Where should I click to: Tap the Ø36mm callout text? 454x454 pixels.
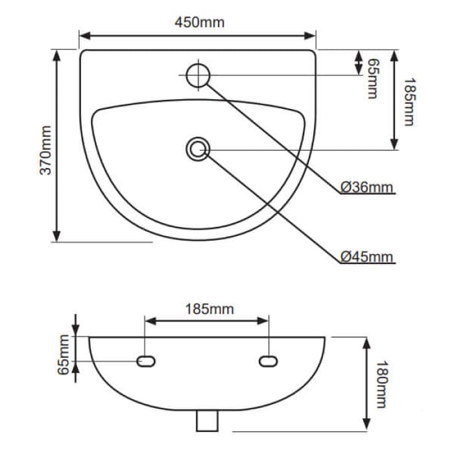[x=367, y=187]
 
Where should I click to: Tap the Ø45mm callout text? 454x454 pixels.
[x=367, y=256]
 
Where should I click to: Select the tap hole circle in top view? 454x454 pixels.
[x=197, y=75]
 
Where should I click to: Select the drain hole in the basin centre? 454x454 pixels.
[x=198, y=149]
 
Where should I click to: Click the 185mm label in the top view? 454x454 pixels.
[x=408, y=102]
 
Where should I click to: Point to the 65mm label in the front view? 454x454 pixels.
[x=64, y=355]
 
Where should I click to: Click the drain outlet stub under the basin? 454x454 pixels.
[x=206, y=421]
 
